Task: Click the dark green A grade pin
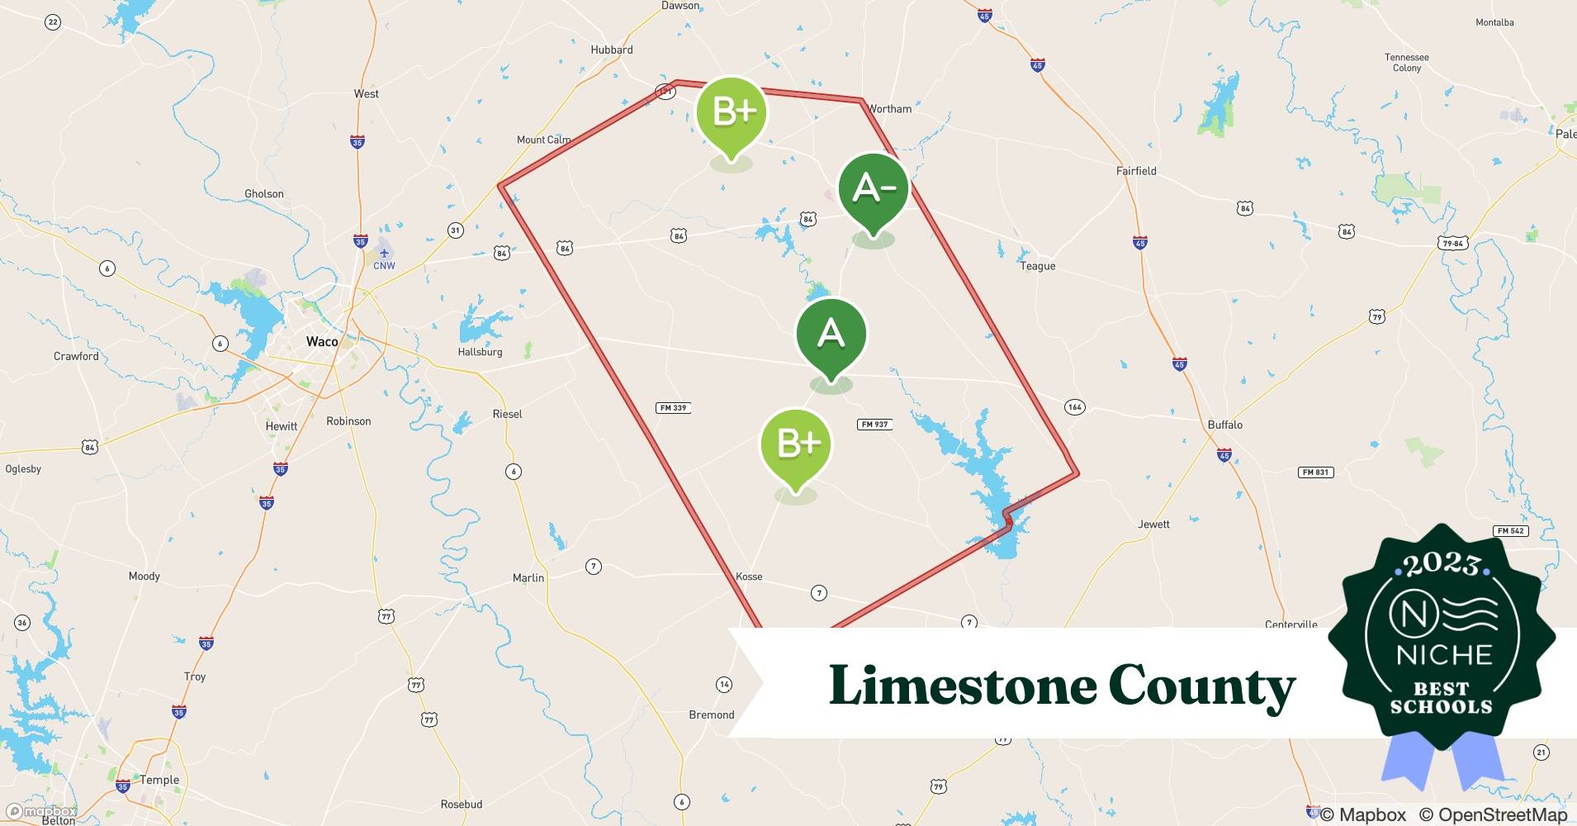(x=831, y=335)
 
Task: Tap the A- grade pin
(x=873, y=189)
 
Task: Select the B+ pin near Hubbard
(x=732, y=112)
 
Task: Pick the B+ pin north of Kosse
(x=795, y=444)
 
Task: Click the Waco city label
(x=322, y=341)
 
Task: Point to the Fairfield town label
(x=1136, y=171)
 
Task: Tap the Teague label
(x=1037, y=266)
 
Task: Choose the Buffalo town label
(x=1224, y=425)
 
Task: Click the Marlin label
(x=528, y=577)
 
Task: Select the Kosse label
(x=749, y=577)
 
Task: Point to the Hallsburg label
(x=480, y=352)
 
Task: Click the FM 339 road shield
(x=673, y=408)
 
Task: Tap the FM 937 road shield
(x=874, y=425)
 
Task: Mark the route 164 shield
(x=1074, y=406)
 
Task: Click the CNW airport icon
(x=384, y=254)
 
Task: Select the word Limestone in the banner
(x=960, y=686)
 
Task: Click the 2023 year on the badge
(x=1442, y=564)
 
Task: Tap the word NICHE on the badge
(x=1444, y=655)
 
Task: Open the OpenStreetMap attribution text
(x=1493, y=814)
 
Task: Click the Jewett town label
(x=1153, y=524)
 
